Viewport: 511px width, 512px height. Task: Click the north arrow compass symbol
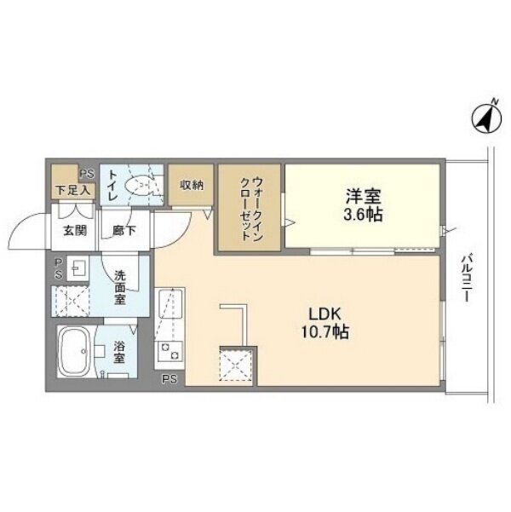[x=486, y=119]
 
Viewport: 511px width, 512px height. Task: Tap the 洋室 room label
[x=364, y=196]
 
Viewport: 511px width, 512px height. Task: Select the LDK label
[x=324, y=314]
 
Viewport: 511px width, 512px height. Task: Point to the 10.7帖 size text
[x=324, y=332]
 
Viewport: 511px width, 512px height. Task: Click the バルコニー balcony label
[x=467, y=279]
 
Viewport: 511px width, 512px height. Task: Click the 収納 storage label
[x=192, y=185]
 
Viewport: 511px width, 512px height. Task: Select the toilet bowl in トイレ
[x=139, y=185]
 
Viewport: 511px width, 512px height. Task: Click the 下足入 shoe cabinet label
[x=73, y=190]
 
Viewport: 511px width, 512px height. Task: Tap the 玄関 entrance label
[x=75, y=231]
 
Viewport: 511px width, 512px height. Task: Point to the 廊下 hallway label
[x=124, y=231]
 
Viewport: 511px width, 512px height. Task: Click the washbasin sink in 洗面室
[x=78, y=268]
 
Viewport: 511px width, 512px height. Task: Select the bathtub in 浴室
[x=74, y=351]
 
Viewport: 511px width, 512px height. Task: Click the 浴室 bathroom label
[x=119, y=352]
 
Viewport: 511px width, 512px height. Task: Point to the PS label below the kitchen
[x=169, y=379]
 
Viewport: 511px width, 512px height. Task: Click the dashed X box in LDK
[x=236, y=365]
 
